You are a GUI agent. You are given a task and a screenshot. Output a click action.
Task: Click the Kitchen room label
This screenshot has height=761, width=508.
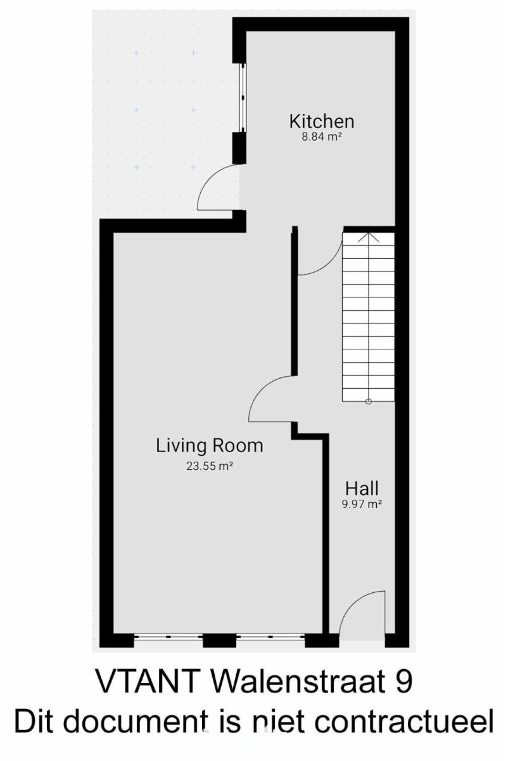[322, 121]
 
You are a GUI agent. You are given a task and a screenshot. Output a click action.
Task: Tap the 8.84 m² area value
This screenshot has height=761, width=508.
[322, 137]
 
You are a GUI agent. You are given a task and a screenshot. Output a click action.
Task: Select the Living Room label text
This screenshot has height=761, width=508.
[210, 445]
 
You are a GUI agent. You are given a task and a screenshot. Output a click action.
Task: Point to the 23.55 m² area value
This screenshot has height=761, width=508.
[210, 465]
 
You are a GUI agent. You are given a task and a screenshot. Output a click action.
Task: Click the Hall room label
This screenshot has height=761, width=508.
[362, 488]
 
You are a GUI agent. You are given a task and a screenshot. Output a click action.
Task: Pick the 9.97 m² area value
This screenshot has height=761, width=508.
[362, 504]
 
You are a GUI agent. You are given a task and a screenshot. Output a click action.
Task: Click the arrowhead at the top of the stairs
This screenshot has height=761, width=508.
[369, 237]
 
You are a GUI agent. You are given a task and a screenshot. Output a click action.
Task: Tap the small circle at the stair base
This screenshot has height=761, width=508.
[369, 401]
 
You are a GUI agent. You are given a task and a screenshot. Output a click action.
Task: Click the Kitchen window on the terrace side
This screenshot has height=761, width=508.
[243, 98]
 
